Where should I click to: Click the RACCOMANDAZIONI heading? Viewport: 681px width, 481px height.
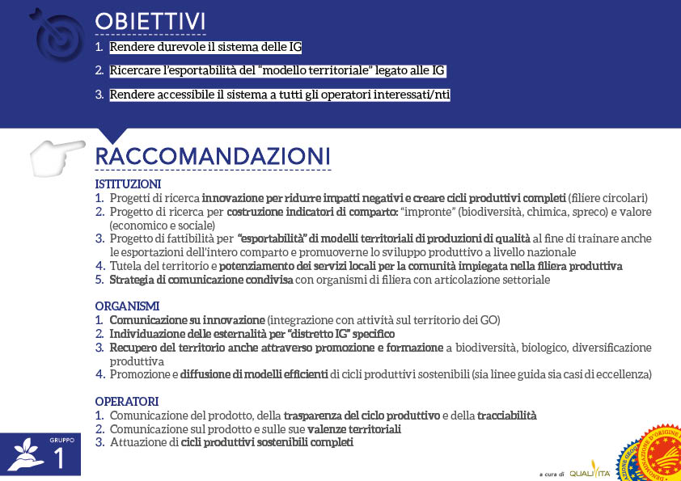pyautogui.click(x=213, y=155)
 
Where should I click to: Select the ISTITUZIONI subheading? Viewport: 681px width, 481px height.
pyautogui.click(x=128, y=184)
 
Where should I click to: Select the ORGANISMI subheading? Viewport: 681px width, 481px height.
pyautogui.click(x=127, y=306)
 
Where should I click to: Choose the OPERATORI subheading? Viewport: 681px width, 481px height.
pyautogui.click(x=126, y=402)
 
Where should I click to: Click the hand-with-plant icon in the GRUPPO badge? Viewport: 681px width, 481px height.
pyautogui.click(x=23, y=455)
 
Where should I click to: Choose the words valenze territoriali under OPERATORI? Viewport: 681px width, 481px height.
pyautogui.click(x=354, y=429)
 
